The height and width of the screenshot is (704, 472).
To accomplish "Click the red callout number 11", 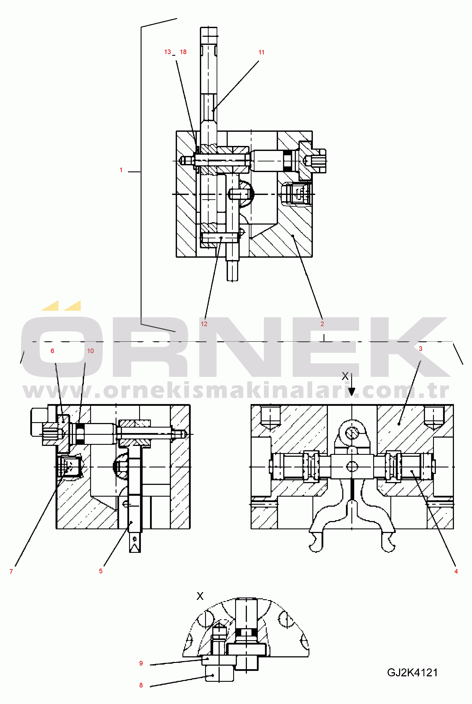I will coord(261,52).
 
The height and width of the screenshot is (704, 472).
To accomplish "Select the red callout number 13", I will coord(167,52).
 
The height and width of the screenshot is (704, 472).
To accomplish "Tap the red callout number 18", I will coord(183,52).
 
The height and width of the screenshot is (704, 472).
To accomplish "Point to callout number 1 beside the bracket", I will coord(121,170).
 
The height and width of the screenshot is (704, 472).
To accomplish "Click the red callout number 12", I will coord(204,324).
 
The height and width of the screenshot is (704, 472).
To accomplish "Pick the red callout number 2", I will coord(322,324).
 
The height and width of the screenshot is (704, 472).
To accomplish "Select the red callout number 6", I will coord(52,351).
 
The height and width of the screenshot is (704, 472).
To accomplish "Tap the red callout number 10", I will coord(90,351).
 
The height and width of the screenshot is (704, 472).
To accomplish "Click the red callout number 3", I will coord(421,349).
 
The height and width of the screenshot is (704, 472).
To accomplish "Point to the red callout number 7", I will coord(11,572).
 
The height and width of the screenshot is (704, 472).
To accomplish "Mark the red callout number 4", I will coord(456,572).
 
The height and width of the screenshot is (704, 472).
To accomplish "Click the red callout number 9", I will coord(141,663).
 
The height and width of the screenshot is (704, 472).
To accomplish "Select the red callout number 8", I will coord(141,685).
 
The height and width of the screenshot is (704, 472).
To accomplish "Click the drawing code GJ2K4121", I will coord(412,673).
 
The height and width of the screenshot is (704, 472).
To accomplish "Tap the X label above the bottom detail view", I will coord(200,596).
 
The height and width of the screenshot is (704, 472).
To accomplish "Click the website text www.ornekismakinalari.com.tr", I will coord(236,391).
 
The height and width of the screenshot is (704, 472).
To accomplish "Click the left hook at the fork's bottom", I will coord(315,544).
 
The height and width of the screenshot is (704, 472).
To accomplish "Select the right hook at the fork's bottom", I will coord(389,544).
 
